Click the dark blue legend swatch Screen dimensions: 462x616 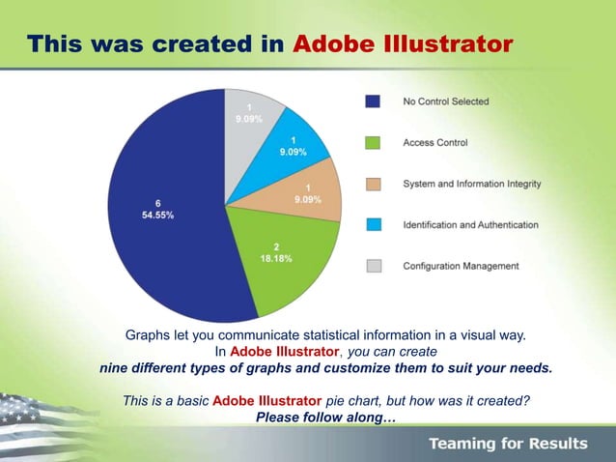tap(373, 101)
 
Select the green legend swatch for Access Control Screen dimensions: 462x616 tap(373, 142)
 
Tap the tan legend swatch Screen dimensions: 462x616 tap(373, 184)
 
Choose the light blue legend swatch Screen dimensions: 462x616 tap(373, 224)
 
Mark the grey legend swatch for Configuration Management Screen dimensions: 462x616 tap(373, 266)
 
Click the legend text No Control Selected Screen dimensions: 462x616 tap(445, 101)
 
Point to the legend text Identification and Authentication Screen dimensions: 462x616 tap(469, 224)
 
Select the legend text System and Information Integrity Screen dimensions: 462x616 tap(471, 184)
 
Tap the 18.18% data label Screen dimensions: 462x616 tap(275, 259)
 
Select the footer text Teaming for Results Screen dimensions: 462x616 tap(508, 444)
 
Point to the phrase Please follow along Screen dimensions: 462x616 tap(325, 418)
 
